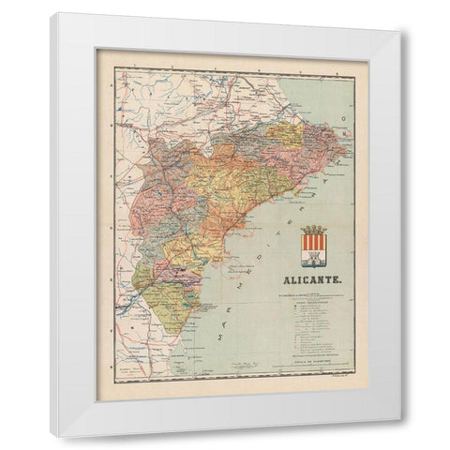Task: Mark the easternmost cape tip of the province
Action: (350, 148)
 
